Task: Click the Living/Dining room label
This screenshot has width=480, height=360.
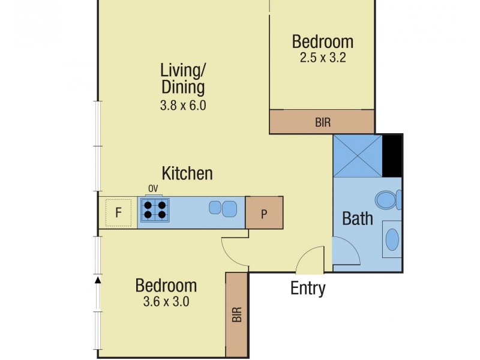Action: pos(183,78)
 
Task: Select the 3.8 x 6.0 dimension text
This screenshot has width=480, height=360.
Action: pos(183,106)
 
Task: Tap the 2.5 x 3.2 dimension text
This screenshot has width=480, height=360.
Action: pos(323,58)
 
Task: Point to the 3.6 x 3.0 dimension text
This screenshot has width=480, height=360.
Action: pos(166,302)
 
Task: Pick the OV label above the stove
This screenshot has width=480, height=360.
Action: pos(153,189)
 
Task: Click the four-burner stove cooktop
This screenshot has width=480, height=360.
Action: pos(155,210)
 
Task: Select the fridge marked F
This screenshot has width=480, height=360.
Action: pos(119,212)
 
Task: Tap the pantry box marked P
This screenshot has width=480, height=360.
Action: pos(263,213)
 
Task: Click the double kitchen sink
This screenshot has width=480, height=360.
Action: pos(222,209)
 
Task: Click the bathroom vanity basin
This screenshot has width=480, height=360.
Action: pos(392,240)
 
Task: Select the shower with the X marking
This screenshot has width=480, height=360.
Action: pos(358,156)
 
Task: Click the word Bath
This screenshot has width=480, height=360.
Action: pos(358,218)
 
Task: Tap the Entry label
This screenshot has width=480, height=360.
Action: pos(308,289)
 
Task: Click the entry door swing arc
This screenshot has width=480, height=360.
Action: pos(309,260)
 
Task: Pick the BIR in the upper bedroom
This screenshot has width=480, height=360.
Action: pos(322,122)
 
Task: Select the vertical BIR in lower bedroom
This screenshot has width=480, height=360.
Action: pos(236,314)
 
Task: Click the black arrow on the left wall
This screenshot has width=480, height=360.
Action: pos(98,279)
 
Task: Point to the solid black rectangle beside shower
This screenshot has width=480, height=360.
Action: pos(392,156)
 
